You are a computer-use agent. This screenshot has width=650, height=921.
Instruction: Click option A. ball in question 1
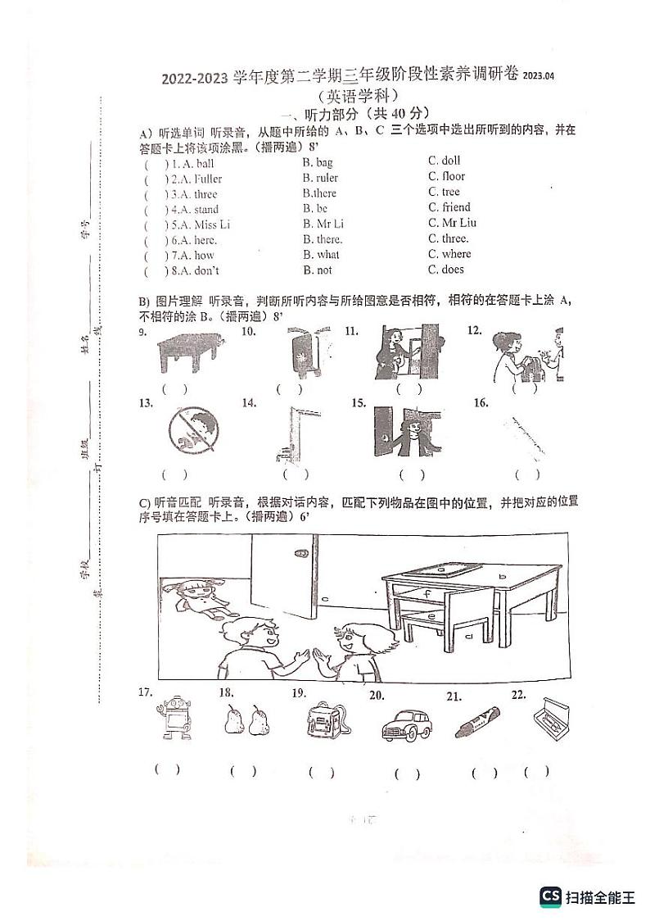(194, 163)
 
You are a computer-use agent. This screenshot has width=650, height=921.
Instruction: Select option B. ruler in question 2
(320, 178)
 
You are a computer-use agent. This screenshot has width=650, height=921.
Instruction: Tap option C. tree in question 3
(444, 192)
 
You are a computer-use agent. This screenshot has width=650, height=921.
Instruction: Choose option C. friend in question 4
(449, 207)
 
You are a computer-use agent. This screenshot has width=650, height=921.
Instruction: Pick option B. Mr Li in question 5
(323, 224)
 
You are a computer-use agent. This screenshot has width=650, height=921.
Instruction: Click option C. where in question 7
(449, 254)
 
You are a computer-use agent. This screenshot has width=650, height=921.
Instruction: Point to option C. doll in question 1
(445, 161)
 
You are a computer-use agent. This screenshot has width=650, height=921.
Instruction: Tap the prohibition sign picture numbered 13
(193, 430)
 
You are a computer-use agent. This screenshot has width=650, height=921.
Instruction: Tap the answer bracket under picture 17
(167, 769)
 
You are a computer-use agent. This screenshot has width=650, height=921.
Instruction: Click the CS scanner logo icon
(550, 896)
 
